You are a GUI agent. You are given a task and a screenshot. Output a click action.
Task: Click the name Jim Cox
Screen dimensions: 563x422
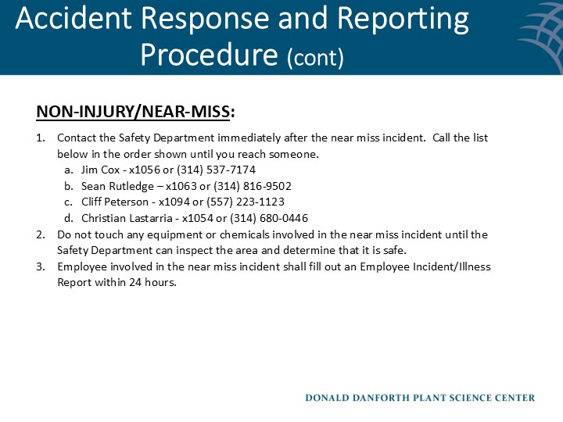[99, 170]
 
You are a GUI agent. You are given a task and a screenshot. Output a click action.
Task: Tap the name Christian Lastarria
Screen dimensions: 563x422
[126, 218]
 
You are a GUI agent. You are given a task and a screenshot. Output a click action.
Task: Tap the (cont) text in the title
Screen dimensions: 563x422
[315, 57]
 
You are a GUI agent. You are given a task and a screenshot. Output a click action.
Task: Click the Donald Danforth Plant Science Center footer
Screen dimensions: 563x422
[420, 398]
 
